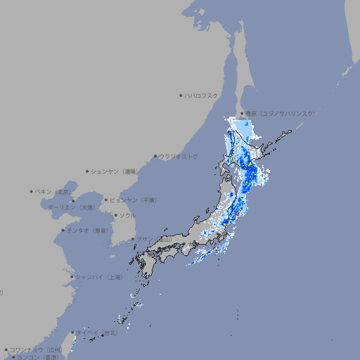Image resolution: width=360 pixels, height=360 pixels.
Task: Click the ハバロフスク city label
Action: [x=202, y=95]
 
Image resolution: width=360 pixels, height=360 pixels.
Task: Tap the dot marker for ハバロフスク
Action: [x=181, y=95]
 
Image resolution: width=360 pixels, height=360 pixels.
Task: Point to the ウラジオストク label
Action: [x=179, y=156]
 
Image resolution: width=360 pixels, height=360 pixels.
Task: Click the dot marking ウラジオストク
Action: [x=155, y=156]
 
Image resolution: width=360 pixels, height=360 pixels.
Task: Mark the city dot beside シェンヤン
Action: [x=88, y=171]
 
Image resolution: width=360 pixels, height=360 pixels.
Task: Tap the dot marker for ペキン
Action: [x=32, y=191]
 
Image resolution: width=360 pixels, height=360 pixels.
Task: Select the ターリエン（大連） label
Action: [x=70, y=207]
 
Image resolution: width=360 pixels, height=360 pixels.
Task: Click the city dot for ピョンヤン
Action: [x=106, y=200]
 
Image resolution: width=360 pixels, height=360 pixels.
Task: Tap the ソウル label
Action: [x=127, y=215]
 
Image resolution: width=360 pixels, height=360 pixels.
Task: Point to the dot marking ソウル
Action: [x=115, y=215]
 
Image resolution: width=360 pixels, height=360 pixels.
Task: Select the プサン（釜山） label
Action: [x=154, y=239]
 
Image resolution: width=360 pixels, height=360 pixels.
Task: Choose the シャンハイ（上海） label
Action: [x=98, y=277]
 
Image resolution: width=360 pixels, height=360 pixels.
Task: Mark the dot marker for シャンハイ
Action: [x=72, y=277]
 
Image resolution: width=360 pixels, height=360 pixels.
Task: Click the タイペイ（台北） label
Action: [x=97, y=332]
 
